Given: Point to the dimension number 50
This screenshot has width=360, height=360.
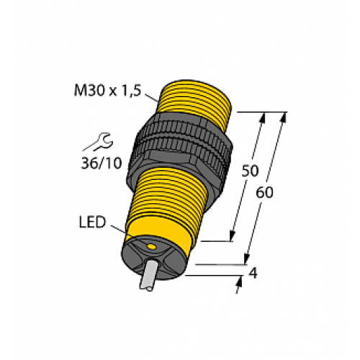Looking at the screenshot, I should click(x=249, y=171).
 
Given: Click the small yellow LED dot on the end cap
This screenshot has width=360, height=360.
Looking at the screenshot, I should click(x=151, y=247).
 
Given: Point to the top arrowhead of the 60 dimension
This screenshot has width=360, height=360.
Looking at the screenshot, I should click(x=281, y=118).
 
